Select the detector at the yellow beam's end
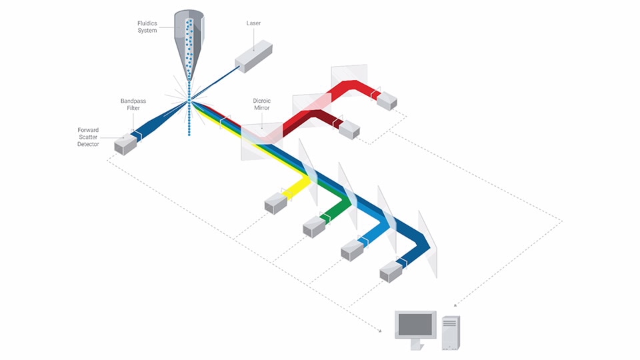tap(275, 203)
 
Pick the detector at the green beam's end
tap(313, 227)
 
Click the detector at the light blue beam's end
tap(351, 250)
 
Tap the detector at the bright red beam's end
tap(387, 100)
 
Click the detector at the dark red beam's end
tap(349, 129)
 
